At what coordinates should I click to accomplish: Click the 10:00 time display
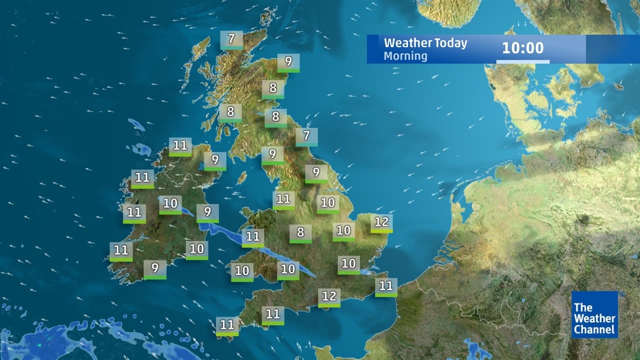point(522,48)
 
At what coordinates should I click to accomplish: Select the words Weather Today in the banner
point(425,42)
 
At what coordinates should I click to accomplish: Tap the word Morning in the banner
point(405,55)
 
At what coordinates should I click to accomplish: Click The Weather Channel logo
point(594,315)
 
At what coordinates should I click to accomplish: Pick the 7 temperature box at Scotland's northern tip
point(231,39)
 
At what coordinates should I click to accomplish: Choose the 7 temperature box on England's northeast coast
point(306,136)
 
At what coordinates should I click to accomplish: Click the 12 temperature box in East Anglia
point(381,223)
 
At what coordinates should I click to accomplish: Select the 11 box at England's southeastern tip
point(386,287)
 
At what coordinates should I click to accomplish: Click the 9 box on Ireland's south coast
point(155,269)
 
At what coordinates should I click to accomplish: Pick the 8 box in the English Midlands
point(300,233)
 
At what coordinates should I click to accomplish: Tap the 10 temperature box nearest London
point(348,264)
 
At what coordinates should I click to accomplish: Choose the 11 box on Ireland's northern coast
point(180,146)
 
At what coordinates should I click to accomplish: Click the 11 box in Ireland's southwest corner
point(121,251)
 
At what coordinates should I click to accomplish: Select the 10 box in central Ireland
point(170,204)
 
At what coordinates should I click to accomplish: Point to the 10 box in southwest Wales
point(242,272)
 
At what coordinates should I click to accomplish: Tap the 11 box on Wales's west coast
point(253,237)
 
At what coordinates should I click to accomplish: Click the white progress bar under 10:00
point(522,61)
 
